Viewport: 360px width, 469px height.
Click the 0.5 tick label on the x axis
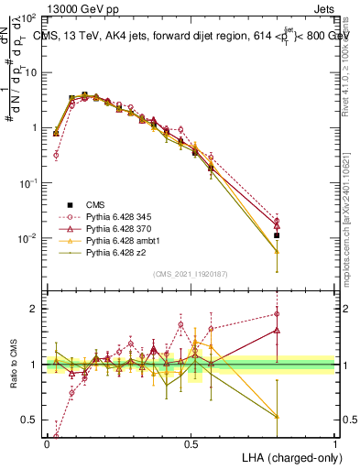click(x=191, y=443)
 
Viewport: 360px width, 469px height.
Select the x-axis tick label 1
click(x=335, y=443)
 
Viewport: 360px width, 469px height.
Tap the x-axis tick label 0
click(x=48, y=443)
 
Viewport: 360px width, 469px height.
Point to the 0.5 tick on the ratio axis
click(x=29, y=420)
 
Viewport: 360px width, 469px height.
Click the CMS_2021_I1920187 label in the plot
click(x=189, y=273)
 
